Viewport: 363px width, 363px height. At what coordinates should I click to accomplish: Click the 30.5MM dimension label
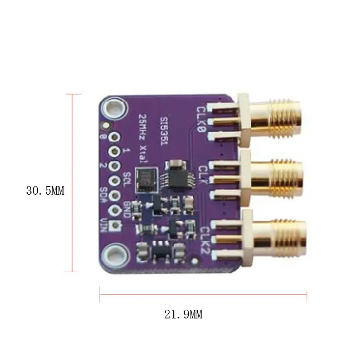click(x=45, y=191)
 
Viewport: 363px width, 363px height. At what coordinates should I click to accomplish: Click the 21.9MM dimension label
click(x=183, y=314)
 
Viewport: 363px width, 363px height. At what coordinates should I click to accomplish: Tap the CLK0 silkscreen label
click(x=201, y=119)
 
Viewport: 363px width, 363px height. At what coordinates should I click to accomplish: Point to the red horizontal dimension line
click(x=203, y=294)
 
